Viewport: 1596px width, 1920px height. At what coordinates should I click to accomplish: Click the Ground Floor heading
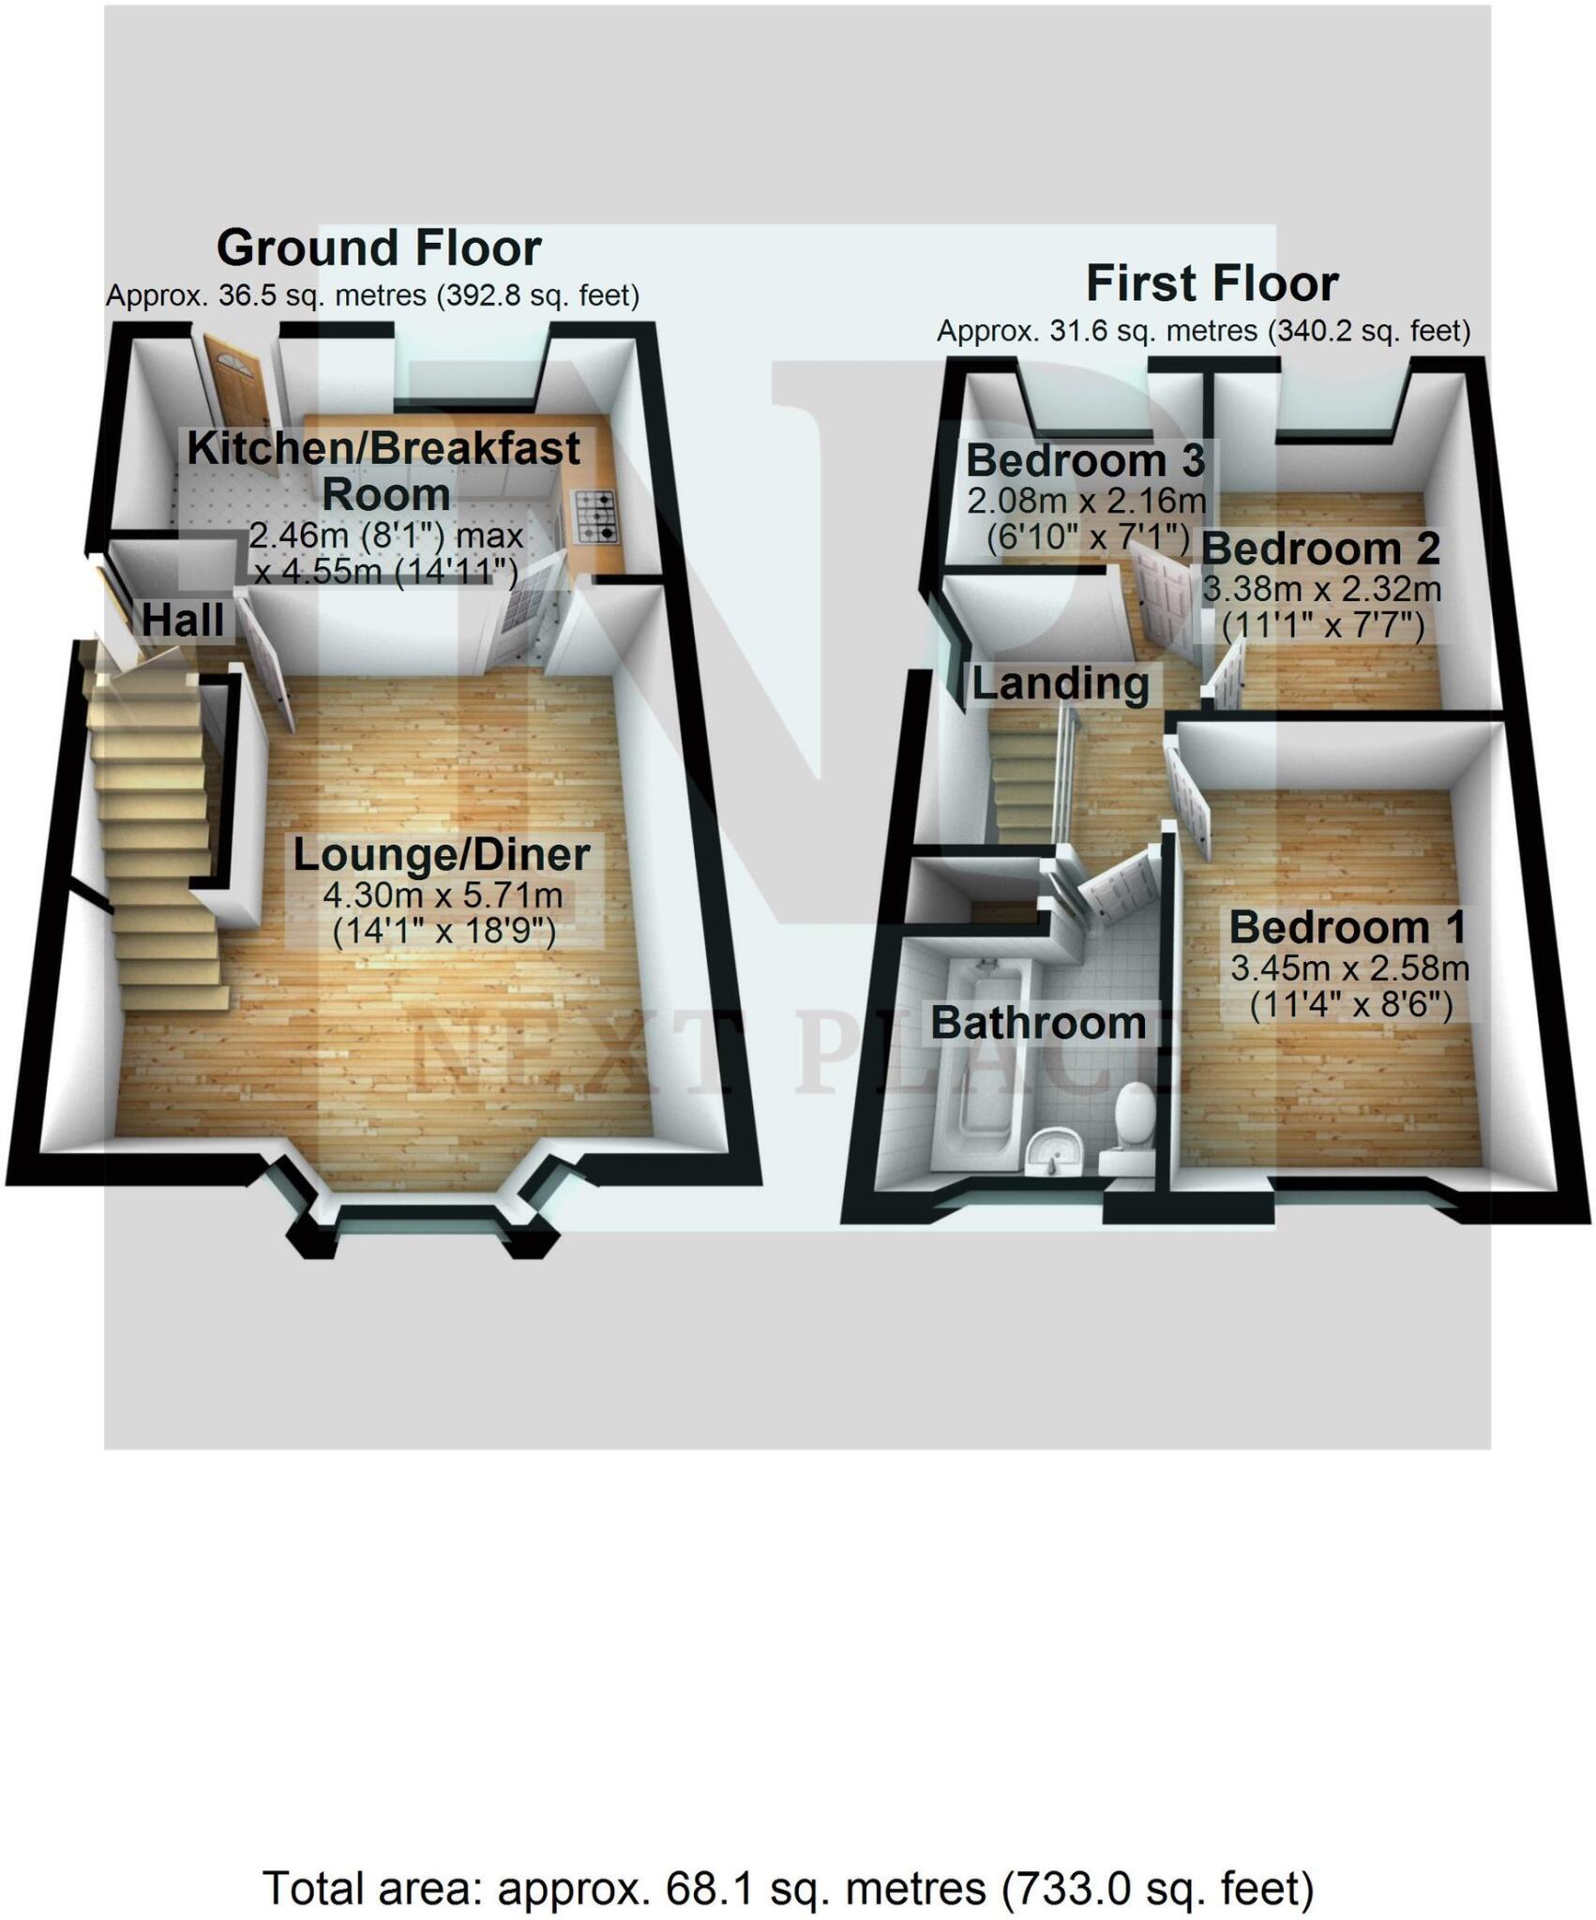(379, 248)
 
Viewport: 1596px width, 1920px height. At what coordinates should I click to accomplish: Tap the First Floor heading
(1212, 284)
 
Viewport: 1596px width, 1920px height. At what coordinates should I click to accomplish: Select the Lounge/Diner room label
(442, 855)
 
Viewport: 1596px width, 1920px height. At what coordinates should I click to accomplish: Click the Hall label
(183, 621)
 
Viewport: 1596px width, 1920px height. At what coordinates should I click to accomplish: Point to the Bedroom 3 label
(1085, 460)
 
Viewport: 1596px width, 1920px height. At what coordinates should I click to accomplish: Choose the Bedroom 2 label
(1320, 548)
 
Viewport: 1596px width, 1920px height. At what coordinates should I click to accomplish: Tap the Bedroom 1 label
(1348, 927)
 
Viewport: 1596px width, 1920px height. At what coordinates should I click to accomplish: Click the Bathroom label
(1038, 1023)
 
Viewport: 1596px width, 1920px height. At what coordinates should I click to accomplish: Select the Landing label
(1061, 683)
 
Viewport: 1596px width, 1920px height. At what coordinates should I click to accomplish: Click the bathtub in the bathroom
(982, 1059)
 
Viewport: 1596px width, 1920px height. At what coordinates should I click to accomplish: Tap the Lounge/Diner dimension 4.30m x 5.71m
(443, 895)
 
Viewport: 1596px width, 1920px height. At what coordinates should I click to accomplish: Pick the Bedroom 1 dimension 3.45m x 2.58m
(1349, 967)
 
